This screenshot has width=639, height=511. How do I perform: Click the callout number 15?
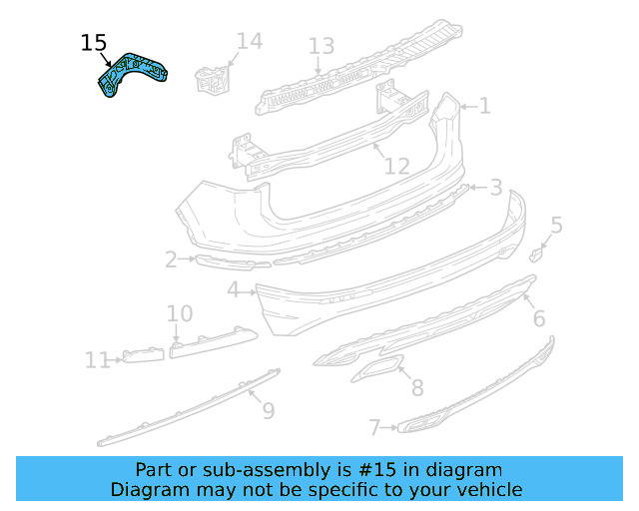point(93,43)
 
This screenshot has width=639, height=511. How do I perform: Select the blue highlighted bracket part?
point(131,75)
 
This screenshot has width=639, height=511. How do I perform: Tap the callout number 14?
point(250,42)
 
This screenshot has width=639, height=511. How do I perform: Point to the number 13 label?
point(320,46)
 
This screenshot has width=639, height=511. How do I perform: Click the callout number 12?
point(397,166)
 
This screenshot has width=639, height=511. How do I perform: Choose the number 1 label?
point(484,106)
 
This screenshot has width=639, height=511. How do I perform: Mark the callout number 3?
point(495,188)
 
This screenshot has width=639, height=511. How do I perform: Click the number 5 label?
point(556,226)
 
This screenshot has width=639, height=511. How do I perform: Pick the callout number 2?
point(171,260)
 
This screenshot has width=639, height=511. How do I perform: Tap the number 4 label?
point(233,290)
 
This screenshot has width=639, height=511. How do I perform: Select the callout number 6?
point(538,318)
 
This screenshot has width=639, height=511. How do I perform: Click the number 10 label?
point(180,314)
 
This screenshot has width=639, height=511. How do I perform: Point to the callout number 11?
point(97,360)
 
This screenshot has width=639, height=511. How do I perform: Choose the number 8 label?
point(416,387)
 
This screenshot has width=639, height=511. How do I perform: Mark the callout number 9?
point(267,410)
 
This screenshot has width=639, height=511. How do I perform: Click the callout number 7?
point(374,428)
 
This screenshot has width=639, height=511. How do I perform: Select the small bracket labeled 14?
point(212,78)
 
